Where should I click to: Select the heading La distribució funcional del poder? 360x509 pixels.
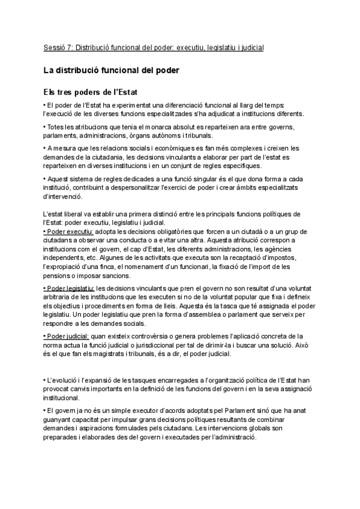coord(112,70)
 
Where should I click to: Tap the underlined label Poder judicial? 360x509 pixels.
coord(67,336)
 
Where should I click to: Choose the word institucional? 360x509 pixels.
coord(63,397)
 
